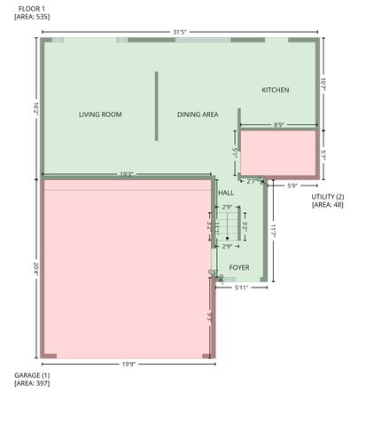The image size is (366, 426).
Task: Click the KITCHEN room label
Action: pos(276,91)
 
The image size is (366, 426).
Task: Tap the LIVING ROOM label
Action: pos(100,114)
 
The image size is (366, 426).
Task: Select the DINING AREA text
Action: pos(198,114)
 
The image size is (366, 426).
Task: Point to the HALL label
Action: pos(226,193)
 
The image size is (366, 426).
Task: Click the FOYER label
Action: pos(239,267)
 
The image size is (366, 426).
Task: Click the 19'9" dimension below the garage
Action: pos(128,364)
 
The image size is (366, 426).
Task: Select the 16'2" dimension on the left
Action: pos(34,106)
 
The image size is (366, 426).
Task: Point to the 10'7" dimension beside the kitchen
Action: pos(323,84)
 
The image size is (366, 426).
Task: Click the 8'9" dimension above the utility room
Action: pos(278,125)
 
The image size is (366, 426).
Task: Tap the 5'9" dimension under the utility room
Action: pos(293,185)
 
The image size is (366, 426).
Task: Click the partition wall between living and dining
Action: pos(157,106)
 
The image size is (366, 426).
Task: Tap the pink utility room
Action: pos(278,153)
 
